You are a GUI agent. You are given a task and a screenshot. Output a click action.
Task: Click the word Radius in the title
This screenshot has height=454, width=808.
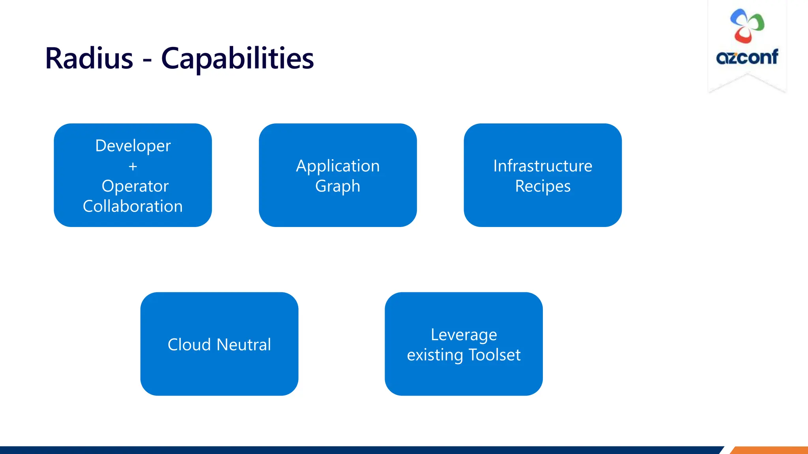coord(89,58)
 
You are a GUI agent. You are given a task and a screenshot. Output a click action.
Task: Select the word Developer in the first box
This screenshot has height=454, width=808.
coord(133,146)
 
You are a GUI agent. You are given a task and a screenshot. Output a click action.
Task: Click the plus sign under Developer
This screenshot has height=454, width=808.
coord(133,167)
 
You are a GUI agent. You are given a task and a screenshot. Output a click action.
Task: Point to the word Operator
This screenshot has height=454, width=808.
coord(135,186)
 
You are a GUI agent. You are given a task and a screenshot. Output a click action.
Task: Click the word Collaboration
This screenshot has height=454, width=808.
coord(133,207)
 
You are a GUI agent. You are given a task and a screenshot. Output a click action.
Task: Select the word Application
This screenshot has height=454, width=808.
coord(338,166)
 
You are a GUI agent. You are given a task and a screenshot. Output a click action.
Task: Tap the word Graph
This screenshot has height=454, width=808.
coord(338,186)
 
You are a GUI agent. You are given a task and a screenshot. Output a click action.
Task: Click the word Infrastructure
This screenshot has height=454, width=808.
coord(542,166)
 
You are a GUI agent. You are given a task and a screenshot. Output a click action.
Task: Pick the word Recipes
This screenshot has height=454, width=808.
coord(542,186)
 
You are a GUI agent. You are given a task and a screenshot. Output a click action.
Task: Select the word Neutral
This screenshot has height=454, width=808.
coord(244,345)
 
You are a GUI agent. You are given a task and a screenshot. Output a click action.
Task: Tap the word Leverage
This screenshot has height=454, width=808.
coord(464,335)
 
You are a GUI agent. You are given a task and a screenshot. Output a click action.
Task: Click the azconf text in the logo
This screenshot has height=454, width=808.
coord(747,58)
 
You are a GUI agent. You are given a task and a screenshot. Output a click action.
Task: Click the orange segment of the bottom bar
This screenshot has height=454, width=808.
coord(769,450)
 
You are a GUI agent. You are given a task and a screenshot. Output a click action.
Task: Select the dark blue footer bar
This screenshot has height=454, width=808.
coord(355,450)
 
